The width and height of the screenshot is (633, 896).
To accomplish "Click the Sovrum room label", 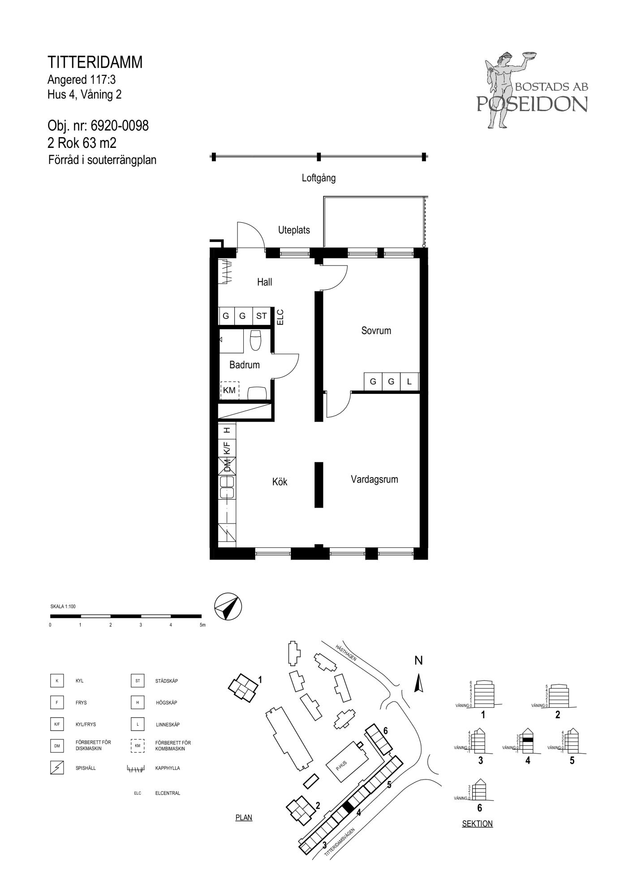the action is [x=376, y=331].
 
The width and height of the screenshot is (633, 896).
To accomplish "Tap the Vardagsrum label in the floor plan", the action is [x=374, y=479].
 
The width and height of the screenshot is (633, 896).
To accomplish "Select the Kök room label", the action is [x=280, y=482].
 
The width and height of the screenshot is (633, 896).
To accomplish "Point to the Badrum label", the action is [x=244, y=365].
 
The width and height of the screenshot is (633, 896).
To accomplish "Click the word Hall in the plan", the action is [x=264, y=282].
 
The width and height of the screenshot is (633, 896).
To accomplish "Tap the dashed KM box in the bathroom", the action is [x=229, y=390].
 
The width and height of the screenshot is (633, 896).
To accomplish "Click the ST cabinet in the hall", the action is [x=262, y=316].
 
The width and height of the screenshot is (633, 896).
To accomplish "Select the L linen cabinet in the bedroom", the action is [x=409, y=382].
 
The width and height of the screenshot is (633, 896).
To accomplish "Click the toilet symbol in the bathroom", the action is [x=255, y=340].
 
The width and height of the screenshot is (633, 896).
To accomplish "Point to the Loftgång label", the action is [x=319, y=178].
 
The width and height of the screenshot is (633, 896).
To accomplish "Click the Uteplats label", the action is [x=294, y=230].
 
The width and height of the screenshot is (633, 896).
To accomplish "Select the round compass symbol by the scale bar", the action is [x=228, y=607].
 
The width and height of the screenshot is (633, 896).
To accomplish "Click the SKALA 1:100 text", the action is [x=63, y=607].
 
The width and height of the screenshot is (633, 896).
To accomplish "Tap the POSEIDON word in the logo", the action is [x=532, y=104].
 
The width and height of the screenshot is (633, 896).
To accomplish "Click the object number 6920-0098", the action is [x=120, y=126].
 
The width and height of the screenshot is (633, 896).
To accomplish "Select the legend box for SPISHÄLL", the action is [x=57, y=768].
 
